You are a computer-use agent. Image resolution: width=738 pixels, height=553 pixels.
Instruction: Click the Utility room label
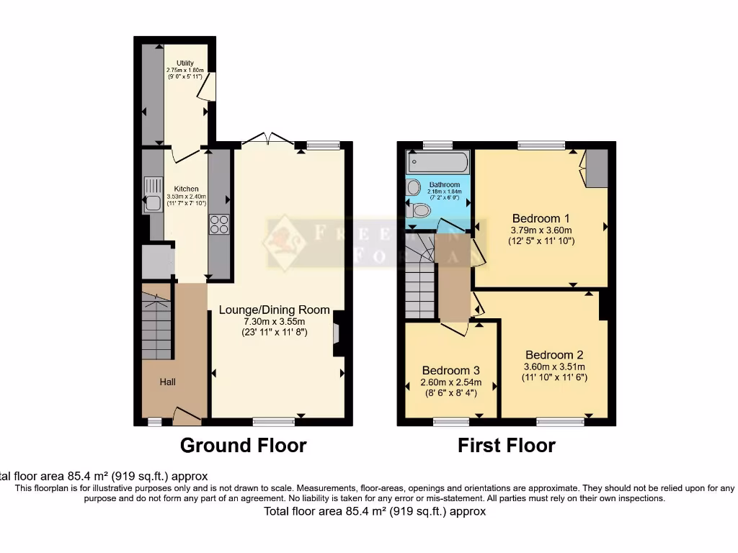point(185,63)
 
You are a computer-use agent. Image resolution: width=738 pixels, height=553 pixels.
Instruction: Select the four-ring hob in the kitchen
point(219,225)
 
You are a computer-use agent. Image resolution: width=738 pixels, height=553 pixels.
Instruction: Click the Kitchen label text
point(186,189)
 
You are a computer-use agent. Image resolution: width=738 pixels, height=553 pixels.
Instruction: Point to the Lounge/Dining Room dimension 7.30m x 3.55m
point(274,321)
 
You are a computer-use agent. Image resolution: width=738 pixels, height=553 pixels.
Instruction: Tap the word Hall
point(167,382)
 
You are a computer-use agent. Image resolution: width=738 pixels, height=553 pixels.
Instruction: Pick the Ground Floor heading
point(243,446)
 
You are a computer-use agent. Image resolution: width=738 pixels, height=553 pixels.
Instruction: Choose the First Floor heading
point(507,446)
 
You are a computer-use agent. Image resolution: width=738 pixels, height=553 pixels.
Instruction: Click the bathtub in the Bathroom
point(437,162)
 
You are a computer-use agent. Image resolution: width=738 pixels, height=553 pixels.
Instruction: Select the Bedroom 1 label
point(541,218)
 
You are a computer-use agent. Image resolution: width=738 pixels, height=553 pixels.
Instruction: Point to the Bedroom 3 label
point(450,371)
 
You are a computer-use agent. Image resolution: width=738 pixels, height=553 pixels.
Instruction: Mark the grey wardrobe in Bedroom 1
point(595,168)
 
